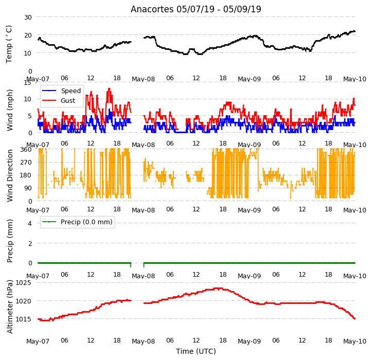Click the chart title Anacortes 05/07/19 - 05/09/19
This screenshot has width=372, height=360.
196,9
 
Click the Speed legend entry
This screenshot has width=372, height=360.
61,91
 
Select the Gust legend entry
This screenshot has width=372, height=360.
59,101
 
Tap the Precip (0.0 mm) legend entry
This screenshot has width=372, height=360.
77,222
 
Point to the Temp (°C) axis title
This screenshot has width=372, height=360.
9,44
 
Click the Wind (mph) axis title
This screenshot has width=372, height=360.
10,110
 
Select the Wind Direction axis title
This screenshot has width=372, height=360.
10,175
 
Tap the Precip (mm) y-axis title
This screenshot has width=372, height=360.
10,241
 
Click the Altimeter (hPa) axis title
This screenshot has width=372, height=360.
10,307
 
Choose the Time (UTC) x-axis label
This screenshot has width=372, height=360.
196,351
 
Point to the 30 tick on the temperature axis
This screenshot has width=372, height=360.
28,17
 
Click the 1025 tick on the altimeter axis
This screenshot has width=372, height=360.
23,283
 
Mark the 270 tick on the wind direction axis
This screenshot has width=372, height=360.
27,163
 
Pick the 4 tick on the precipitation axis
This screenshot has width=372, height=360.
30,223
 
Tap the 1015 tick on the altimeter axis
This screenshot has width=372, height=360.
23,319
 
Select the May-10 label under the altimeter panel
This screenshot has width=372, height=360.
355,341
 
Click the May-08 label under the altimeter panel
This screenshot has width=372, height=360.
144,341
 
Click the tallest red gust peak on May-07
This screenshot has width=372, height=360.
109,89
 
